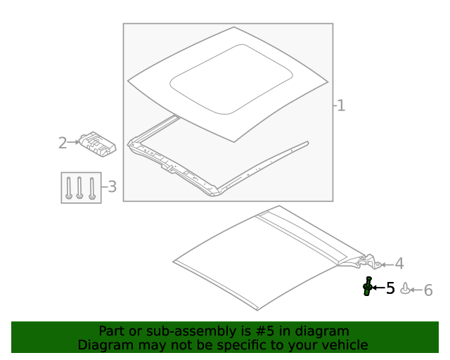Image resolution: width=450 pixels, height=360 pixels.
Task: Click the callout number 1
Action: [341, 105]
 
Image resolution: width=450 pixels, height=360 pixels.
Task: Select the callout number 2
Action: [63, 143]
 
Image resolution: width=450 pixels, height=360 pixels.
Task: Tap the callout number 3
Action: [112, 186]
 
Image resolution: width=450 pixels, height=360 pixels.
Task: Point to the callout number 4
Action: [399, 264]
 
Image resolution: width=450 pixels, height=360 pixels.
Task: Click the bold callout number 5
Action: [390, 288]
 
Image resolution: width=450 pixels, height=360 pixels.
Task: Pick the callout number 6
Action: [428, 290]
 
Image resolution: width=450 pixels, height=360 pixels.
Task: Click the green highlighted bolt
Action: [367, 286]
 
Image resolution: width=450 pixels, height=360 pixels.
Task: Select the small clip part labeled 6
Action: [405, 288]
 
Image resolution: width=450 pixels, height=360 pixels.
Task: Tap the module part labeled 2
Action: [98, 144]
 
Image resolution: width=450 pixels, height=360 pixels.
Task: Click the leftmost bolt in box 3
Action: [69, 188]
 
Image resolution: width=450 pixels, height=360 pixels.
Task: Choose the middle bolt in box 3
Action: [79, 188]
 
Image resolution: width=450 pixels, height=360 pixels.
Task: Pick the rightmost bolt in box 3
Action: [92, 188]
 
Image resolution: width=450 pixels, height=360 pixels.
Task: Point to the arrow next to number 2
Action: [73, 142]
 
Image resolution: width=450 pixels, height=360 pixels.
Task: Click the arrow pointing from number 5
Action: [378, 287]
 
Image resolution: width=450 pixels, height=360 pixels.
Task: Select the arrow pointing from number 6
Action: [416, 290]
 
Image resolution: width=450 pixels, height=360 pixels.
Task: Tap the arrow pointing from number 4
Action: [387, 264]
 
